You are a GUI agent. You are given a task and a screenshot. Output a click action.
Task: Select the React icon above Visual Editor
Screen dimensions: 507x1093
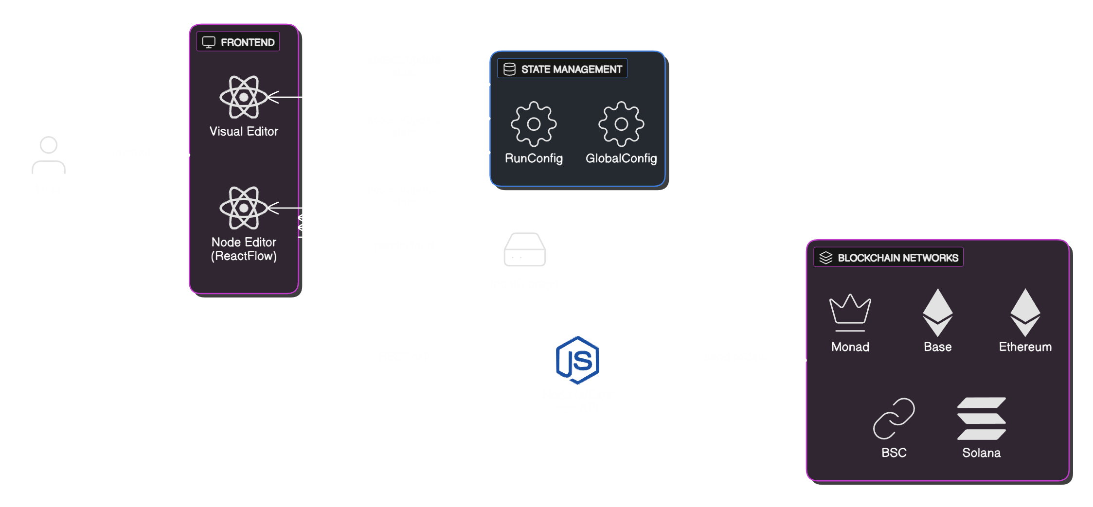click(x=244, y=97)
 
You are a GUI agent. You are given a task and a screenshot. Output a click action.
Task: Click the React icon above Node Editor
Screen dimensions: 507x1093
click(x=244, y=208)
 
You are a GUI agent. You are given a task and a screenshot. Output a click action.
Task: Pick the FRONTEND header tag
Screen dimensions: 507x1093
click(x=238, y=42)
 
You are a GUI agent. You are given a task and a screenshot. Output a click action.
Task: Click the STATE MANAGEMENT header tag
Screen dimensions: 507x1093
click(x=562, y=69)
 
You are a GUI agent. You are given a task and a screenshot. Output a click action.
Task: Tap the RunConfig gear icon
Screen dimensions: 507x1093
click(x=534, y=124)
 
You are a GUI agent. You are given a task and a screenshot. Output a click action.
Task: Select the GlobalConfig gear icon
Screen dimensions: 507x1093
click(x=621, y=124)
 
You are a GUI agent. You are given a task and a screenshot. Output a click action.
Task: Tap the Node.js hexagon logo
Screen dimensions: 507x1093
click(x=577, y=360)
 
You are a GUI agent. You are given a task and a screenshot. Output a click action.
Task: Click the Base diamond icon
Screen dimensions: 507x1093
click(x=937, y=313)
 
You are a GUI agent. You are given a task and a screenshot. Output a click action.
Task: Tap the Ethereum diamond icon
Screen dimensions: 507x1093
click(x=1025, y=313)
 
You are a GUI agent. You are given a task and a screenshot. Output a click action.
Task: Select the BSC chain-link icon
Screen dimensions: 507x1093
click(x=894, y=419)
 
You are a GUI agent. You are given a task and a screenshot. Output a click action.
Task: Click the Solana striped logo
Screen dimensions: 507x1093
click(x=981, y=419)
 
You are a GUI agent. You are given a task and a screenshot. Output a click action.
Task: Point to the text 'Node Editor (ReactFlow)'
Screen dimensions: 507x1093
click(x=244, y=249)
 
